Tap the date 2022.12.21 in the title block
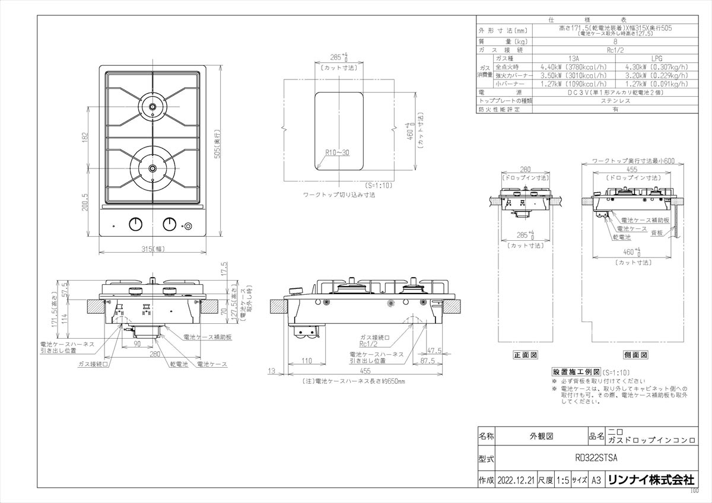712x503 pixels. pos(517,480)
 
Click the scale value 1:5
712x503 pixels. pos(562,480)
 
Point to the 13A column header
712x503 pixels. pos(574,59)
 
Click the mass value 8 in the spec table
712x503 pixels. pos(615,42)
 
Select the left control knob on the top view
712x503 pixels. pos(136,224)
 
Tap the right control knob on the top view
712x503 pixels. pos(170,224)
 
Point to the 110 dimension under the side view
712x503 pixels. pos(306,361)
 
